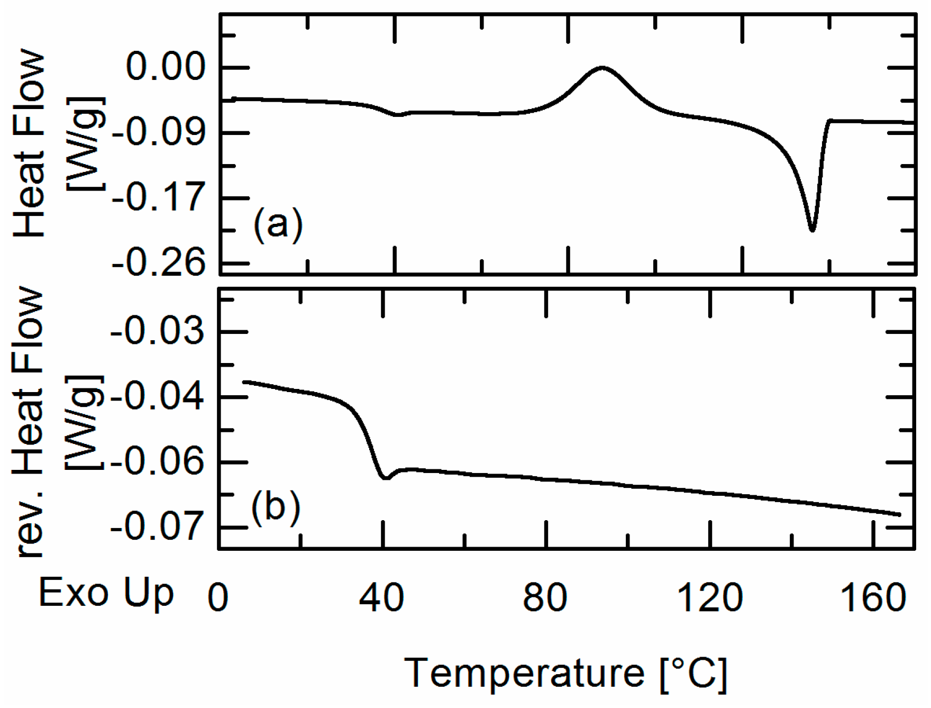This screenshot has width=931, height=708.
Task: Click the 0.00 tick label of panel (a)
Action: point(165,68)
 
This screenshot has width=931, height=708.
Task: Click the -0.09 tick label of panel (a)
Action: point(159,132)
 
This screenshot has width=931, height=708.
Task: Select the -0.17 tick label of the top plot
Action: point(159,197)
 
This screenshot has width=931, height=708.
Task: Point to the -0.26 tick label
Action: point(159,263)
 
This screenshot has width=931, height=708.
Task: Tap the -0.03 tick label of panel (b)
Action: point(157,332)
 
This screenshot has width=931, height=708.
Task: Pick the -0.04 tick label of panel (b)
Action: point(157,397)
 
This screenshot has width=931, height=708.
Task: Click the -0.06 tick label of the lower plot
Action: point(157,462)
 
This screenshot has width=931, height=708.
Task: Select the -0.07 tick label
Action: point(157,528)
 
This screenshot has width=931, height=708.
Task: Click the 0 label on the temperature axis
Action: point(218,598)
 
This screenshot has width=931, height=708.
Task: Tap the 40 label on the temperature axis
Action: point(381,598)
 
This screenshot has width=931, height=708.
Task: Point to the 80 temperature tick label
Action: point(545,598)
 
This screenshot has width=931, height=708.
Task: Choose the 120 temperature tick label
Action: point(709,598)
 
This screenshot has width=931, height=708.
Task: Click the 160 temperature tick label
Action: point(873,598)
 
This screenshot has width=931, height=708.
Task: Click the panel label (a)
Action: point(278,224)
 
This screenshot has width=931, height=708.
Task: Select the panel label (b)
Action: point(276,506)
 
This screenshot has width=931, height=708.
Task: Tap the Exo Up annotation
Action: point(106,593)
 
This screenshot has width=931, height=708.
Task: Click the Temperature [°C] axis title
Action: point(566,673)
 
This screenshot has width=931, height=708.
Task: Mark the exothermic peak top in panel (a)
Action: point(602,67)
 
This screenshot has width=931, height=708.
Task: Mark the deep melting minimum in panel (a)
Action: point(812,230)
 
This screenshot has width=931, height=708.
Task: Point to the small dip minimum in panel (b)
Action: point(386,478)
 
